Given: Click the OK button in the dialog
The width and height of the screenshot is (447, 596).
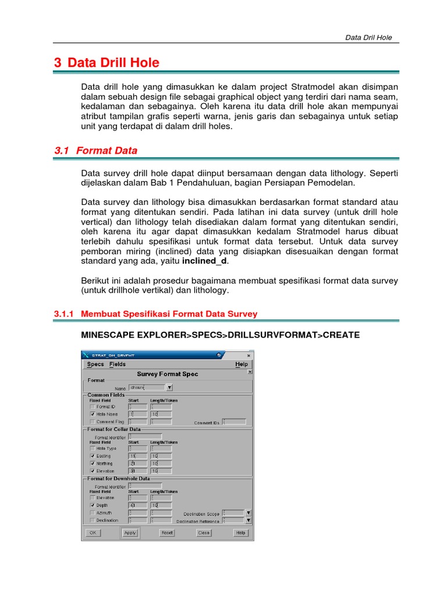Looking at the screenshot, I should pyautogui.click(x=92, y=533).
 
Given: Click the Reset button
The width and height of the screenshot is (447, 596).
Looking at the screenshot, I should pyautogui.click(x=168, y=533).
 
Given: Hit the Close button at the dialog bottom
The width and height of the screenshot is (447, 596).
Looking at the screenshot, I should pyautogui.click(x=204, y=533).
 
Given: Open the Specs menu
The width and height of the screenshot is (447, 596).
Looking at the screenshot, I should pyautogui.click(x=95, y=364).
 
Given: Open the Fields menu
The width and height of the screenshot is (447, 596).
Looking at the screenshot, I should pyautogui.click(x=118, y=364).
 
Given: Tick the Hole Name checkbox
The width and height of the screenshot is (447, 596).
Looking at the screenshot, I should pyautogui.click(x=93, y=414).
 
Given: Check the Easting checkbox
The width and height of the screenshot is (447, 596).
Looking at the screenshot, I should pyautogui.click(x=93, y=456).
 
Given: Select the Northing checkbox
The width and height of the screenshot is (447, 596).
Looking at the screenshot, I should pyautogui.click(x=93, y=464).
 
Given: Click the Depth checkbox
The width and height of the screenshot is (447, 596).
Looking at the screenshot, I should pyautogui.click(x=93, y=506).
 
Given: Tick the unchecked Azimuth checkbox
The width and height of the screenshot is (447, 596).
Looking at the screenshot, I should pyautogui.click(x=93, y=513).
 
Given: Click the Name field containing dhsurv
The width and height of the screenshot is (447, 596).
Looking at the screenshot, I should pyautogui.click(x=147, y=387).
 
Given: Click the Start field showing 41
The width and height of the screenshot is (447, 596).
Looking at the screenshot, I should pyautogui.click(x=137, y=506).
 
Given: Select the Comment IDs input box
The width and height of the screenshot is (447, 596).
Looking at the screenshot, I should pyautogui.click(x=235, y=421).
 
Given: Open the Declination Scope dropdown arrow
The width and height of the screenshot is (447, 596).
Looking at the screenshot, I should pyautogui.click(x=248, y=513).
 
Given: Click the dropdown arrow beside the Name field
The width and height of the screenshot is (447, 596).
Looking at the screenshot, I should pyautogui.click(x=169, y=387).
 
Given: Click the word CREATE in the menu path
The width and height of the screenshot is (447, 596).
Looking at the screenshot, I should pyautogui.click(x=340, y=335).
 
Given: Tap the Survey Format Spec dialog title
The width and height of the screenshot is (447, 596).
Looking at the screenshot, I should pyautogui.click(x=167, y=374).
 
